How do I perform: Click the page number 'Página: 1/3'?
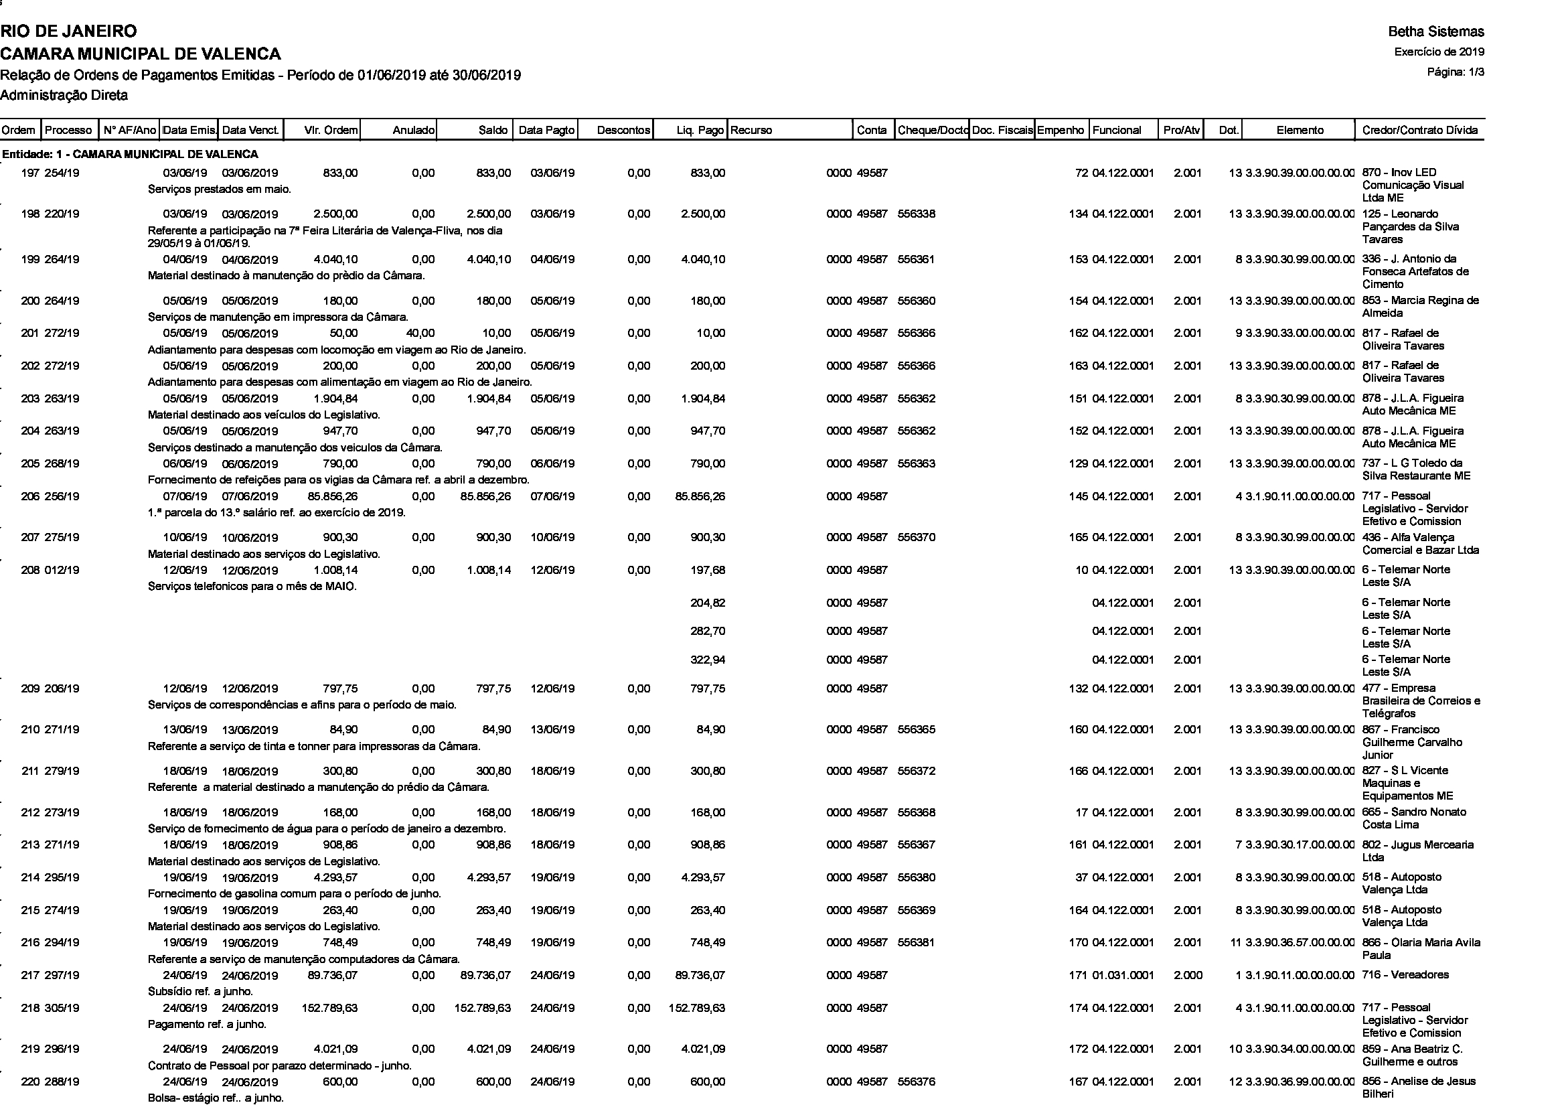coord(1456,72)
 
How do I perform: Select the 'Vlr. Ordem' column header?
coord(331,131)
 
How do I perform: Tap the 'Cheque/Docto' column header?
coord(932,131)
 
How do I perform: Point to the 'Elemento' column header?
coord(1300,131)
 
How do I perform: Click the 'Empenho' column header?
coord(1061,131)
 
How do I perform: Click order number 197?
coord(31,173)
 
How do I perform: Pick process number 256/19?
coord(62,496)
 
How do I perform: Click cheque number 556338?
coord(917,214)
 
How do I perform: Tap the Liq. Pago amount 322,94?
coord(707,660)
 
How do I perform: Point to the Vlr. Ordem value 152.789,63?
coord(329,1008)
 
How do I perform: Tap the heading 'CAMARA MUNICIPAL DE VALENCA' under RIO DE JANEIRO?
coord(141,54)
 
